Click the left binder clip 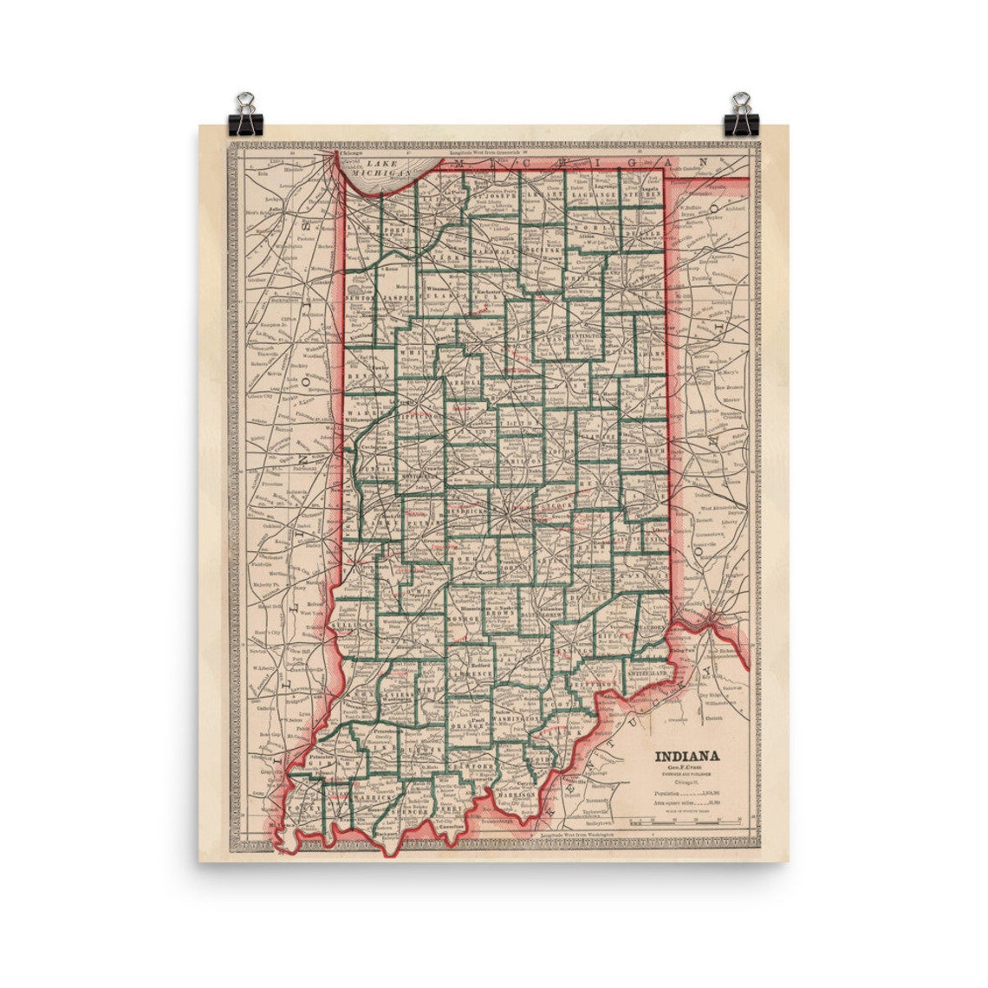pyautogui.click(x=244, y=114)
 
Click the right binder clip pyautogui.click(x=741, y=114)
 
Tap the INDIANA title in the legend pyautogui.click(x=692, y=755)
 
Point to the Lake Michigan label pyautogui.click(x=386, y=168)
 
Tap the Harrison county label pyautogui.click(x=517, y=793)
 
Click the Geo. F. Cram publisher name pyautogui.click(x=691, y=770)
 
